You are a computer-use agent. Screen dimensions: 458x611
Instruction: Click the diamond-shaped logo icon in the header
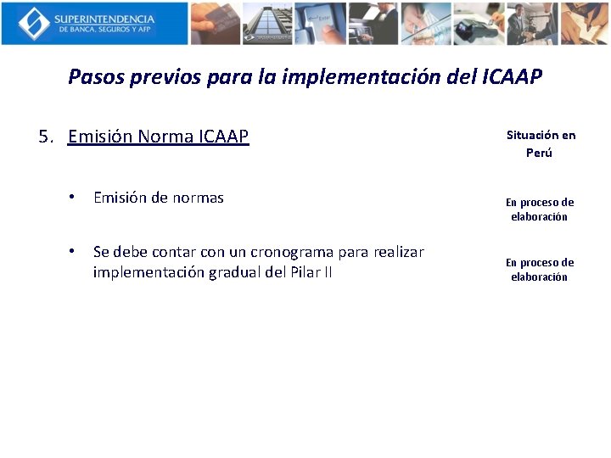[34, 23]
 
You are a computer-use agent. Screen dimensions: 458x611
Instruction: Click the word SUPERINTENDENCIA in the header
[104, 18]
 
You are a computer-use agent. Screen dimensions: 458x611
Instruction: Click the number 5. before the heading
[48, 137]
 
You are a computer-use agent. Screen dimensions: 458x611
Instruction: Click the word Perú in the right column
[539, 153]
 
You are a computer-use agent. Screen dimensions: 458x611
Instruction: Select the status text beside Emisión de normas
[540, 209]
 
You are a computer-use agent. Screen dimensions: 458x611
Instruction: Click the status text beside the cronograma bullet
[540, 270]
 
